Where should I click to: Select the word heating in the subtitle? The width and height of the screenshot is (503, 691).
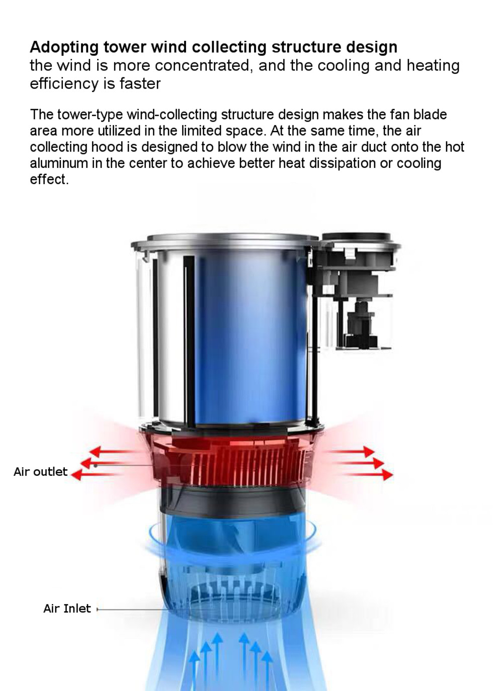[x=433, y=66]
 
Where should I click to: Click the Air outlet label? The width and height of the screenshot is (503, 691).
[x=40, y=472]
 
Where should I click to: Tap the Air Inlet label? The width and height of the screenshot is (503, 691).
[x=67, y=609]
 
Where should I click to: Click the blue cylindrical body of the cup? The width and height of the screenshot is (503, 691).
[x=246, y=337]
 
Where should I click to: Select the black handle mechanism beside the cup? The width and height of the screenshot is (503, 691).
[x=357, y=292]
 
